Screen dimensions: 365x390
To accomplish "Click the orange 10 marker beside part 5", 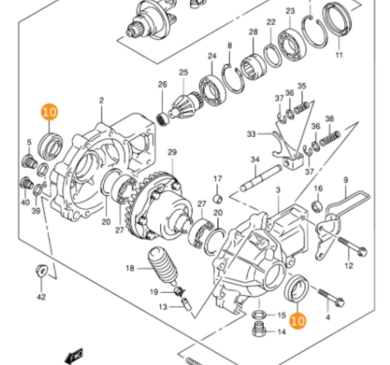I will pos(50,111).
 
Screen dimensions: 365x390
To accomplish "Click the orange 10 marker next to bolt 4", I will pos(298,317).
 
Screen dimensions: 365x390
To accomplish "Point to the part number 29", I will pos(172,153).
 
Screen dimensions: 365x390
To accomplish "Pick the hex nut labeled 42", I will pos(41,270).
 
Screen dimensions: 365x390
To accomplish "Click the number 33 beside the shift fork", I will pos(250,134).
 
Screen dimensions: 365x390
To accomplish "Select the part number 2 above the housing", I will pos(101,100).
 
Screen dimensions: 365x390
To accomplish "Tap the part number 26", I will pos(163,85).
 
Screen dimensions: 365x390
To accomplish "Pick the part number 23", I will pos(290,12).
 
